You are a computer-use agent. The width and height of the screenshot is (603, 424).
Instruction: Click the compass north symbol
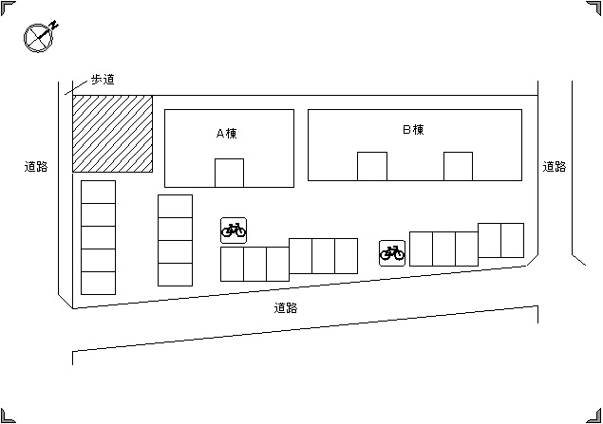pyautogui.click(x=38, y=37)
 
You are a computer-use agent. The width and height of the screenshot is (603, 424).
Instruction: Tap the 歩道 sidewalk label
pyautogui.click(x=103, y=80)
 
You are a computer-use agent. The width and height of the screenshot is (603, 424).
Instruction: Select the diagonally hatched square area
pyautogui.click(x=113, y=134)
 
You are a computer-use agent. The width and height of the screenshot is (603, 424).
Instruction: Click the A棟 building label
pyautogui.click(x=227, y=133)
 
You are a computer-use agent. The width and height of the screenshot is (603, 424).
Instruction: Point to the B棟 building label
pyautogui.click(x=413, y=130)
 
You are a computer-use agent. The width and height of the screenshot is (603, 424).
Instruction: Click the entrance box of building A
pyautogui.click(x=229, y=173)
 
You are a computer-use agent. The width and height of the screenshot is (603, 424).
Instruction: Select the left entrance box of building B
pyautogui.click(x=372, y=166)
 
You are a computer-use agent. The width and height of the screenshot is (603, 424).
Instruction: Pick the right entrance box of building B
pyautogui.click(x=458, y=166)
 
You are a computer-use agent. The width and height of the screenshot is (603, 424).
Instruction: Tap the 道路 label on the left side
pyautogui.click(x=36, y=167)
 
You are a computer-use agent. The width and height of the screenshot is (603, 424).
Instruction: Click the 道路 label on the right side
pyautogui.click(x=555, y=167)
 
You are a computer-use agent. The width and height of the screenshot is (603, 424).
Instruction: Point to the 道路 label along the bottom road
pyautogui.click(x=286, y=308)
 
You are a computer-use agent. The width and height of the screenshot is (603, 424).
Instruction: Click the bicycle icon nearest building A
pyautogui.click(x=234, y=230)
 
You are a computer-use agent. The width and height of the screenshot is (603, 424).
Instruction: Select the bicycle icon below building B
pyautogui.click(x=392, y=253)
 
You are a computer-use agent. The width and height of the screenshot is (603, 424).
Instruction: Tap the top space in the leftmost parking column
pyautogui.click(x=98, y=192)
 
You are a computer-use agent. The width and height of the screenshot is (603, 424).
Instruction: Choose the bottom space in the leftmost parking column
pyautogui.click(x=98, y=283)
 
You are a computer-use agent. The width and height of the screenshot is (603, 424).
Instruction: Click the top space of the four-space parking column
pyautogui.click(x=175, y=206)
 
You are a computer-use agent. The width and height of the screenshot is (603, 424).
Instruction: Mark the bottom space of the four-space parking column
pyautogui.click(x=175, y=274)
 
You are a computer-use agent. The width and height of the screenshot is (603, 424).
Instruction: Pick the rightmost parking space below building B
pyautogui.click(x=512, y=240)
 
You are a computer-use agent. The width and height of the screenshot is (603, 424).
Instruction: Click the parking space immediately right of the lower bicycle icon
pyautogui.click(x=421, y=249)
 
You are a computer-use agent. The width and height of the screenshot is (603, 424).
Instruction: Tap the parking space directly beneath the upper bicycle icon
pyautogui.click(x=232, y=265)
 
